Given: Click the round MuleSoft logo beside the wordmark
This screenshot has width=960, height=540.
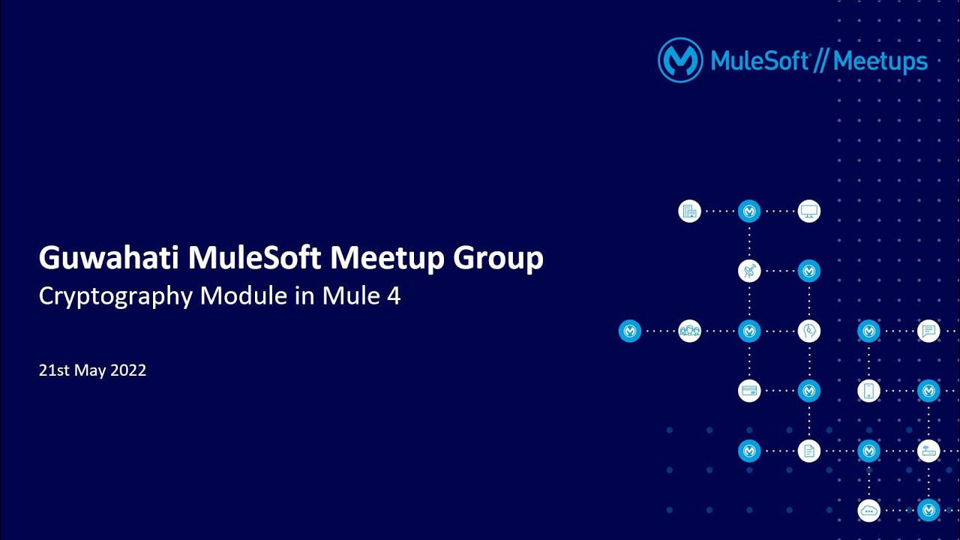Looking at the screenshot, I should [679, 60].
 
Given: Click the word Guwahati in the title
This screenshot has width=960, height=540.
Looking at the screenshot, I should [109, 259].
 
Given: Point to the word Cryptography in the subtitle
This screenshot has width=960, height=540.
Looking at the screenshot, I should [115, 296].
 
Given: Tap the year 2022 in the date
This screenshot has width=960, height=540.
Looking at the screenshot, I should [127, 370].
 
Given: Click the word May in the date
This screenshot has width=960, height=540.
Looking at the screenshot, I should [90, 370].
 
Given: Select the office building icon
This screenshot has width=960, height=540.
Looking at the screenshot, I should [689, 211].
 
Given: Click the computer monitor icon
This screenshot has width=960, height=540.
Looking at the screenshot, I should [808, 211].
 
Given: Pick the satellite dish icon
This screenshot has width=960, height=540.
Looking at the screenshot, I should [748, 271].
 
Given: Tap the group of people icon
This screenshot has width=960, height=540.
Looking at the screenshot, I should [689, 331].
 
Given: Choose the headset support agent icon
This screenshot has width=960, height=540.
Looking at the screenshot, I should [808, 331].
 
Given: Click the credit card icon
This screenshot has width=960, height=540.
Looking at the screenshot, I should [748, 391].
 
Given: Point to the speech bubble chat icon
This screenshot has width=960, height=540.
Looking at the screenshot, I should [928, 331].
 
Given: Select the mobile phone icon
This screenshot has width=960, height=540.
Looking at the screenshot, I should [868, 391].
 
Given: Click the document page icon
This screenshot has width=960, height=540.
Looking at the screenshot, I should [808, 451].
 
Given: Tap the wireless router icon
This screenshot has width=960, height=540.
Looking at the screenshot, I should [928, 451].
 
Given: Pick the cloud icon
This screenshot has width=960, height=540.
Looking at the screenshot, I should [868, 511].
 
